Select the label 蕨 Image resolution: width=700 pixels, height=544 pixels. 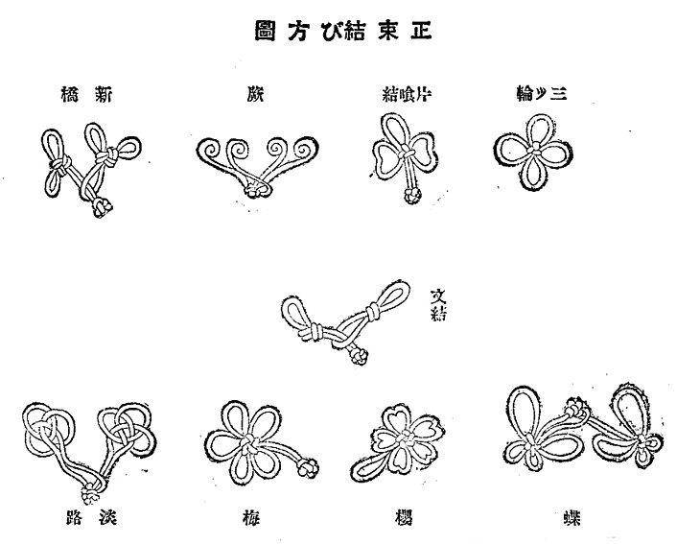[255, 94]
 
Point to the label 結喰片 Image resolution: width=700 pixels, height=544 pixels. [400, 94]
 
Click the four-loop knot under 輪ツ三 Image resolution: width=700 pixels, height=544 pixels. [529, 150]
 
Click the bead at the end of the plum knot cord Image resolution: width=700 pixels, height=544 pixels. [309, 469]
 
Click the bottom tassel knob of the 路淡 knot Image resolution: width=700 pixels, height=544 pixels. [93, 495]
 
